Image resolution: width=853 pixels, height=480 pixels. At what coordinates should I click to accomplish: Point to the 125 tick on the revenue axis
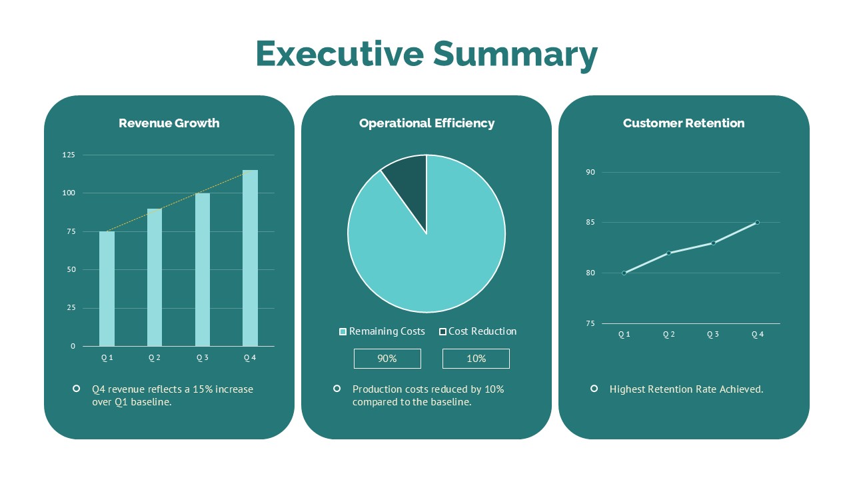[69, 155]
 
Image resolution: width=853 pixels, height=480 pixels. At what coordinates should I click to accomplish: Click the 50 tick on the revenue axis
[71, 269]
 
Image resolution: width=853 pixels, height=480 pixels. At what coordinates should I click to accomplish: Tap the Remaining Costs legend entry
[382, 331]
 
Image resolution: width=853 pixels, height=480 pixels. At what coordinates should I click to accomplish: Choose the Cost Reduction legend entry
[478, 331]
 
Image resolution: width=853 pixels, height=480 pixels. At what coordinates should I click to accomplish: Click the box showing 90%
[387, 359]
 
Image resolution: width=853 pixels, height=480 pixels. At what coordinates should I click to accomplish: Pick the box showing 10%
[476, 359]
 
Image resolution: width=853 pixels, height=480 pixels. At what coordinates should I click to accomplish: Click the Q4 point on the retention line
[757, 222]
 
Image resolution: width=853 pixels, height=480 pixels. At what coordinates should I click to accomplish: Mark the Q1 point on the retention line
[624, 273]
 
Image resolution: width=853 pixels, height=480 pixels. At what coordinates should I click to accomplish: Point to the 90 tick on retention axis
[590, 172]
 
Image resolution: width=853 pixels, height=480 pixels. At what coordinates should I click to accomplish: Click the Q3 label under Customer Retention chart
[713, 334]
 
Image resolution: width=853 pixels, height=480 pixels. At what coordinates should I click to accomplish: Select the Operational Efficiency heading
[426, 123]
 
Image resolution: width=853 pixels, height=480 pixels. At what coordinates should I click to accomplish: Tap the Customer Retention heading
[684, 123]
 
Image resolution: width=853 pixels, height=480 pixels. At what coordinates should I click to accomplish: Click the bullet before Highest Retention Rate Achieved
[594, 388]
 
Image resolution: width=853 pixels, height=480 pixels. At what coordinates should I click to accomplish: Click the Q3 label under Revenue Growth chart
[203, 357]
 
